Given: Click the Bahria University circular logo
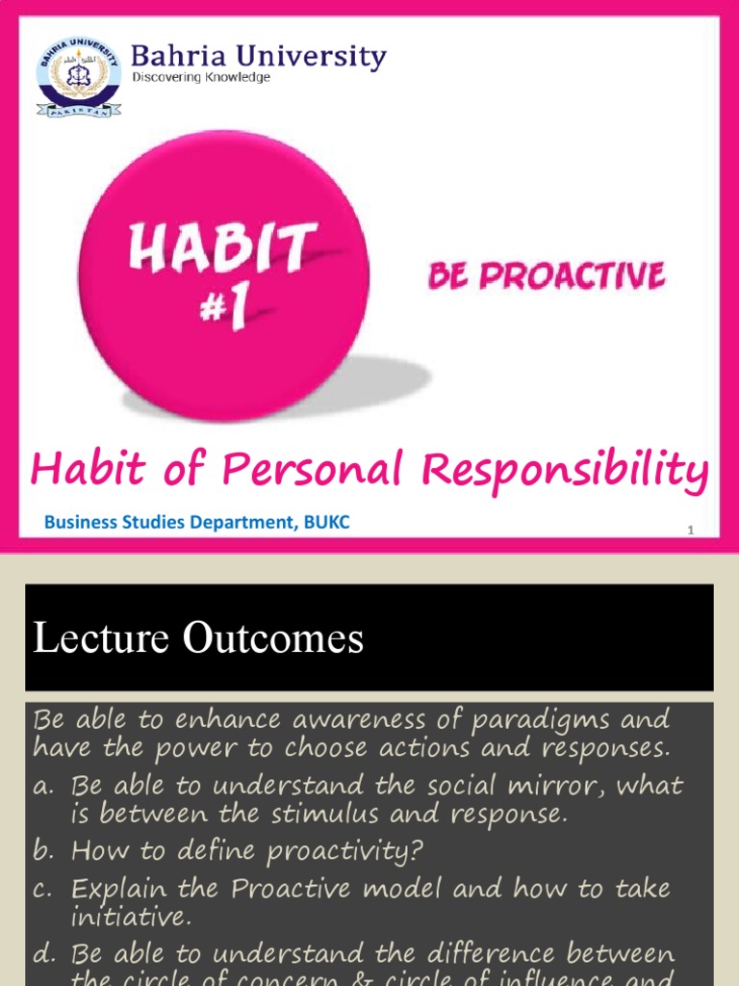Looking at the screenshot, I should coord(79,77).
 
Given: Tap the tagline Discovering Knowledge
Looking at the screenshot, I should coord(201,77).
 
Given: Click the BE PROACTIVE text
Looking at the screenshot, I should coord(547,276).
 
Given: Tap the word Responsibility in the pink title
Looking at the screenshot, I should coord(567,471).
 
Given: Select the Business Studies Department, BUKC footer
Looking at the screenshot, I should coord(196,523).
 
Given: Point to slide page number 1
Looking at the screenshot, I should coord(690,531).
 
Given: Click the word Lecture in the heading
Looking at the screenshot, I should coord(92,638).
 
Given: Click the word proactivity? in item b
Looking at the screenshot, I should coord(345,852).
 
